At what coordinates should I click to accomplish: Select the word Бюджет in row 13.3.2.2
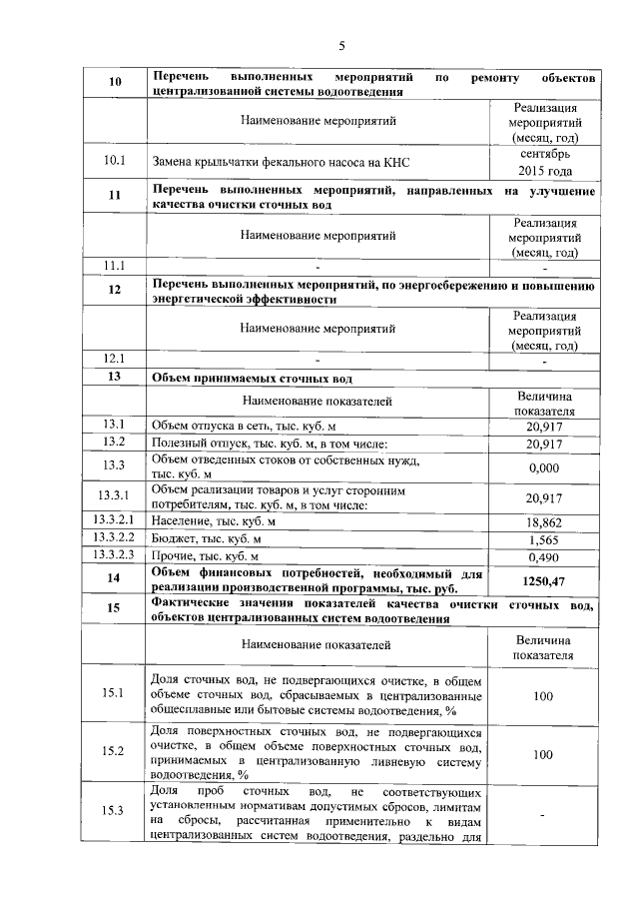click(172, 539)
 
